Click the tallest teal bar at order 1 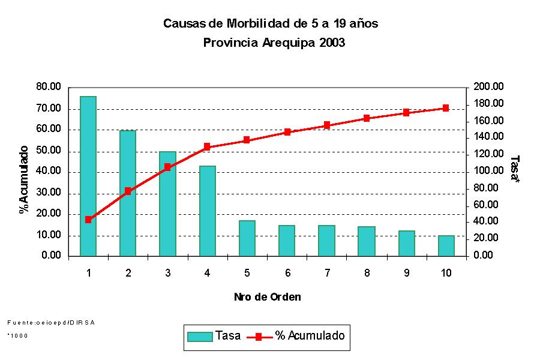[x=88, y=176]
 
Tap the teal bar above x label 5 [x=247, y=238]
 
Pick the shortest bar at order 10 [x=446, y=245]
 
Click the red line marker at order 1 [x=88, y=220]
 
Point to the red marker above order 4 [x=207, y=146]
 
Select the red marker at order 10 [x=446, y=108]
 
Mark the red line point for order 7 [x=327, y=125]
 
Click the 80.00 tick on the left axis [x=49, y=87]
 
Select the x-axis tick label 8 [x=367, y=273]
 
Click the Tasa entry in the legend [x=214, y=336]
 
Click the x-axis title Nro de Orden [x=267, y=297]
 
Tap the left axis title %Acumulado [x=24, y=179]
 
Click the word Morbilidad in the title [x=259, y=24]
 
